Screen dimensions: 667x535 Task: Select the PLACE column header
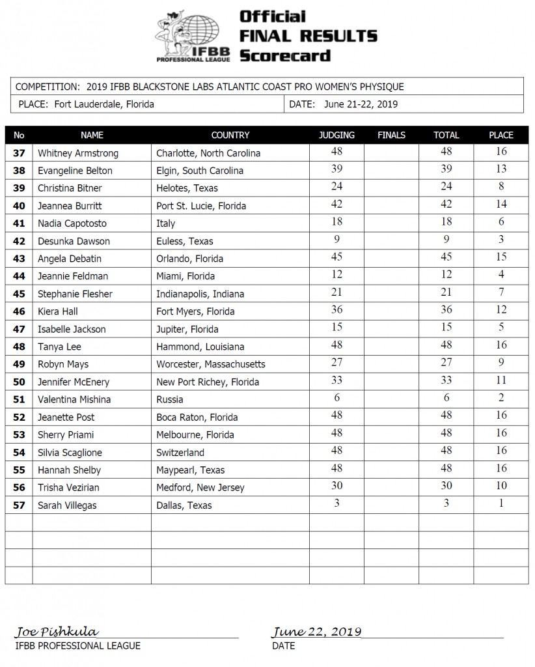(x=501, y=135)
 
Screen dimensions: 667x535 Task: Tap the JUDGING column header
(x=336, y=135)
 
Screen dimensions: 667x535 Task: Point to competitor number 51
(x=19, y=399)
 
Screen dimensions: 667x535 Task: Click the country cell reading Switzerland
(x=180, y=452)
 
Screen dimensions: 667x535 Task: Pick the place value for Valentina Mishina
(x=501, y=399)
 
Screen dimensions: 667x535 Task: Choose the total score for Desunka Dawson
(x=446, y=240)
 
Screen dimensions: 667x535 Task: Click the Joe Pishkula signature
(x=57, y=632)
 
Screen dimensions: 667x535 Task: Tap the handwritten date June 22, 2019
(x=317, y=632)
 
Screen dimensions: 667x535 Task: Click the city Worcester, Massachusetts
(x=211, y=364)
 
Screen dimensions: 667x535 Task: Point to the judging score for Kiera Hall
(x=336, y=311)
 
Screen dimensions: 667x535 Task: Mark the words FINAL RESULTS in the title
(x=308, y=35)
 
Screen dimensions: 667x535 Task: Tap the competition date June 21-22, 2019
(x=361, y=104)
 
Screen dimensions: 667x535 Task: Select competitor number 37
(x=19, y=153)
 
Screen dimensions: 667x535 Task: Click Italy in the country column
(x=166, y=223)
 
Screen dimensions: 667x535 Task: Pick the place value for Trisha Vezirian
(x=501, y=487)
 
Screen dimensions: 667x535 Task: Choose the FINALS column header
(x=391, y=135)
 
